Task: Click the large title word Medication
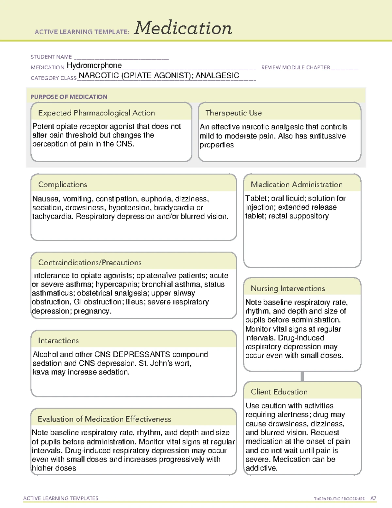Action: point(183,28)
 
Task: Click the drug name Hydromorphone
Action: point(94,65)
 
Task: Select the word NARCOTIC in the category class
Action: point(99,76)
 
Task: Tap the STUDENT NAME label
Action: point(51,57)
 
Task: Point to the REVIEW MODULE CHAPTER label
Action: point(296,67)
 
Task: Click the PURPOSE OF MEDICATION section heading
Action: point(69,97)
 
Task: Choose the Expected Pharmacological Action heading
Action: point(96,113)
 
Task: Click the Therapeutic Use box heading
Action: point(233,113)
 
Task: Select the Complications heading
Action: point(63,184)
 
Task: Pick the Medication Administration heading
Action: point(297,184)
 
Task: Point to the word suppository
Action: point(310,216)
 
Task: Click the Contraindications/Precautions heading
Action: point(90,263)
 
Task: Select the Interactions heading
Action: point(58,341)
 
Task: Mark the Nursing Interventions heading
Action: point(288,289)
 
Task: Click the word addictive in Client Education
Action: point(261,468)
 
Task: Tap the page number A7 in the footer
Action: point(373,499)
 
